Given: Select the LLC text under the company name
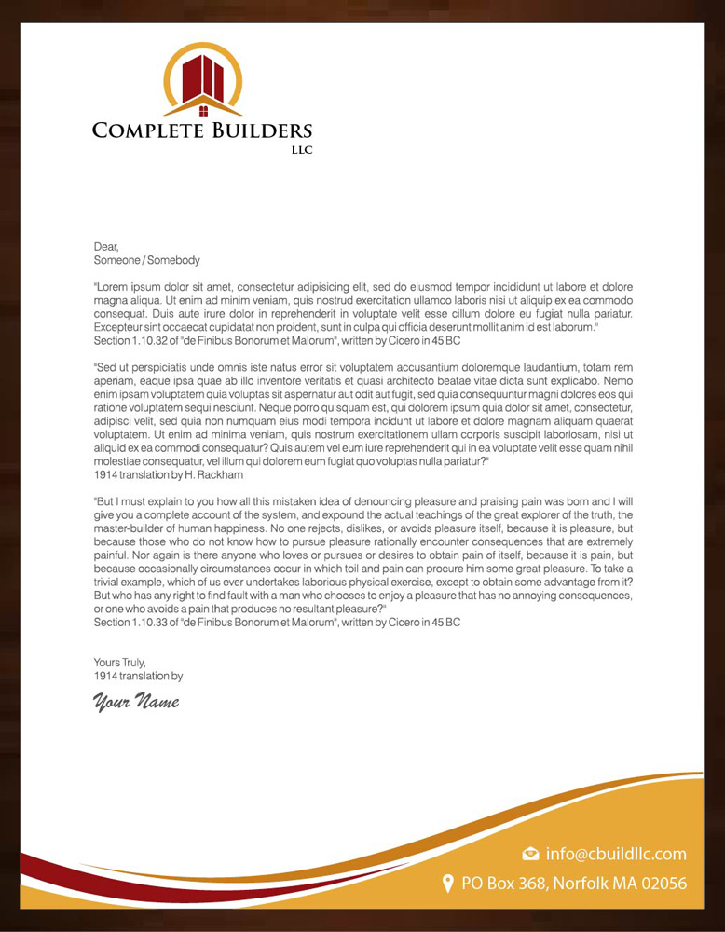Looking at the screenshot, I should click(x=302, y=150).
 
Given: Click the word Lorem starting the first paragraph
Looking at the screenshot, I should click(x=113, y=288).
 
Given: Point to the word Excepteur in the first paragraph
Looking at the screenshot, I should click(x=120, y=328).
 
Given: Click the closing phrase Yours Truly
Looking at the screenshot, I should click(x=120, y=663).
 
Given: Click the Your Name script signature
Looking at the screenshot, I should click(x=135, y=701).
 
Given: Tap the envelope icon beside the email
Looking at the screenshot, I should click(x=531, y=854).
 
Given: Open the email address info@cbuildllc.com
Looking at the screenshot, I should click(x=616, y=854).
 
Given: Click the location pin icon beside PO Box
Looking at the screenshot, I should click(x=447, y=883).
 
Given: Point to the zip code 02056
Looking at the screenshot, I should click(x=662, y=884).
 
